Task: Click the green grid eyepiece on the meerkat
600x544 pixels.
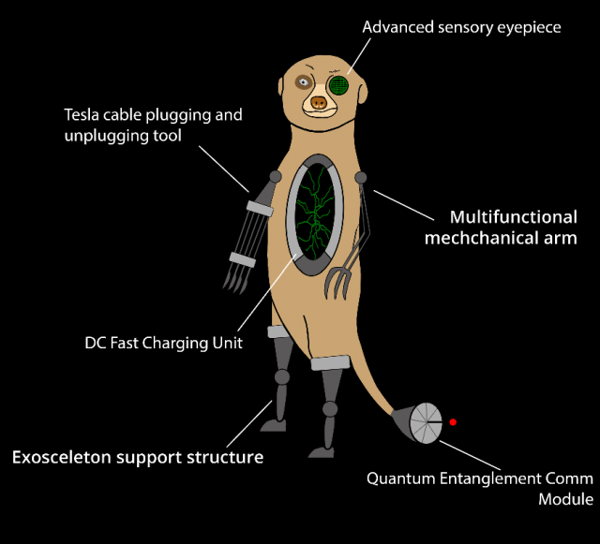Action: pyautogui.click(x=337, y=85)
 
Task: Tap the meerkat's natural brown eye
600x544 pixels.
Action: pyautogui.click(x=303, y=83)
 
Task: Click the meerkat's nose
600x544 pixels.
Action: pyautogui.click(x=319, y=101)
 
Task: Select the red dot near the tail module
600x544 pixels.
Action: pyautogui.click(x=453, y=422)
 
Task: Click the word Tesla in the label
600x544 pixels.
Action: pyautogui.click(x=83, y=115)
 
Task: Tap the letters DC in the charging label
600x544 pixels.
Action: pyautogui.click(x=96, y=344)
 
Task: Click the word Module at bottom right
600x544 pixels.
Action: pyautogui.click(x=565, y=499)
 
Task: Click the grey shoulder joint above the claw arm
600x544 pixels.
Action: pyautogui.click(x=359, y=178)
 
